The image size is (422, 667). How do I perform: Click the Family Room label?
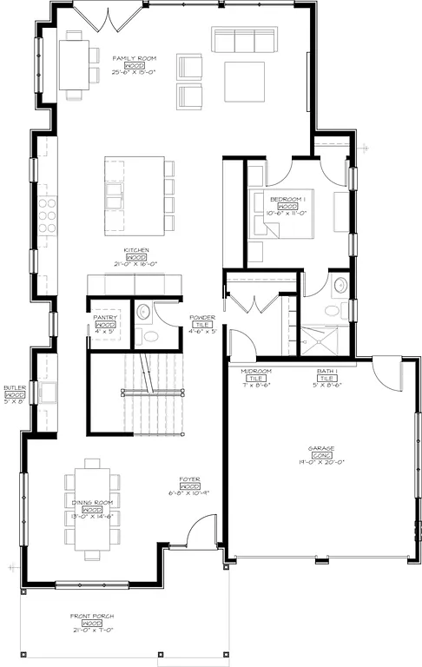[134, 58]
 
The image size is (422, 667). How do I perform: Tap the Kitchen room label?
[135, 250]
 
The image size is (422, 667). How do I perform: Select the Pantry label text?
[105, 318]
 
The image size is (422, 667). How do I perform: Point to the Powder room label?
[202, 318]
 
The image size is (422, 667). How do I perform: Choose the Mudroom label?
[255, 371]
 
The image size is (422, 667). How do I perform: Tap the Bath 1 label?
[327, 371]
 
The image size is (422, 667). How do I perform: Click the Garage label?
[321, 449]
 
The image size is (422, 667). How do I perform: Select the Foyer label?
[190, 479]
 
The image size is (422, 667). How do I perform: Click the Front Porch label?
[92, 617]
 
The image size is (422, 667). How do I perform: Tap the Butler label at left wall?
[14, 388]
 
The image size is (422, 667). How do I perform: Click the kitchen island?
[134, 195]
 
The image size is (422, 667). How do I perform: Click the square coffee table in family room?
[246, 81]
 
